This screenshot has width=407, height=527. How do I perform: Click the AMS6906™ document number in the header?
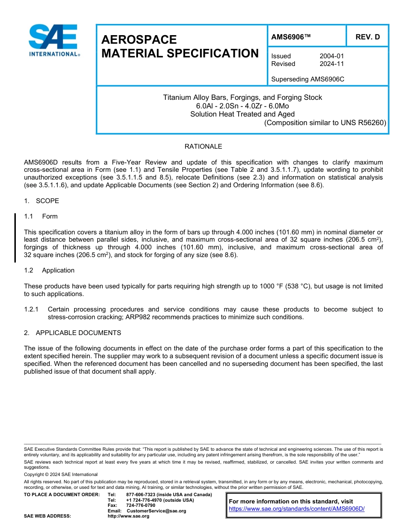tap(290, 37)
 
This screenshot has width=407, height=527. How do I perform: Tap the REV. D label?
tap(367, 37)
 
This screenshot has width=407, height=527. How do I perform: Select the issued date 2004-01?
tap(332, 56)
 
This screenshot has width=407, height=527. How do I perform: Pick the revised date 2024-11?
tap(332, 64)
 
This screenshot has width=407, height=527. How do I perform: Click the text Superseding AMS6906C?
tap(308, 79)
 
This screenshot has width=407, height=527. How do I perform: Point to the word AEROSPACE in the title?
tap(139, 40)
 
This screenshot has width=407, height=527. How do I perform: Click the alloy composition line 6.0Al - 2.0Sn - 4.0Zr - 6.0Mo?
tap(242, 106)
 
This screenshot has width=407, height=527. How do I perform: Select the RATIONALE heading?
tap(203, 147)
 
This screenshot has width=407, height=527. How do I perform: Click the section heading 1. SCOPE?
tap(42, 201)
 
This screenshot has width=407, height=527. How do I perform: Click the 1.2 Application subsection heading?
tap(49, 270)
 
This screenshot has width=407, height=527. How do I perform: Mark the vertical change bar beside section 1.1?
tap(15, 237)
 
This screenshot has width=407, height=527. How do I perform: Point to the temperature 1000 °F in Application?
tap(271, 286)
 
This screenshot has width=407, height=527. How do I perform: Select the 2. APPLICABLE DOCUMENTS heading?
tap(72, 333)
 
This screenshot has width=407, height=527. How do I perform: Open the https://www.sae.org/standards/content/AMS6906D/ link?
tap(296, 509)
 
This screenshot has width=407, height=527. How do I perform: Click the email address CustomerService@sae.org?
tap(156, 511)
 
